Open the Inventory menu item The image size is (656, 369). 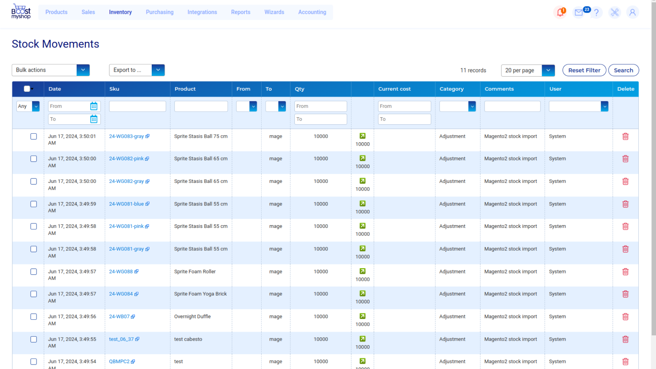pyautogui.click(x=120, y=12)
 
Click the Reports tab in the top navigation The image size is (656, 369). pyautogui.click(x=240, y=12)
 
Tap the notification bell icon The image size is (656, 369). pyautogui.click(x=560, y=12)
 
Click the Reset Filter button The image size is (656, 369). pyautogui.click(x=584, y=70)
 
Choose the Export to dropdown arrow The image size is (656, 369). pyautogui.click(x=158, y=70)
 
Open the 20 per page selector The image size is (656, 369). pyautogui.click(x=527, y=71)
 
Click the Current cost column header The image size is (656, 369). pyautogui.click(x=394, y=89)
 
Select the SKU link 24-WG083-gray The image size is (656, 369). pyautogui.click(x=126, y=137)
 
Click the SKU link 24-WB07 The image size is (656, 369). pyautogui.click(x=119, y=317)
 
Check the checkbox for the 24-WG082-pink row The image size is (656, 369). pyautogui.click(x=34, y=159)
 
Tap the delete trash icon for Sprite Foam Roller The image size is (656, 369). pyautogui.click(x=625, y=271)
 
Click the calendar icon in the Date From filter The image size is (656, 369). pyautogui.click(x=94, y=106)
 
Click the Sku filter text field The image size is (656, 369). pyautogui.click(x=137, y=106)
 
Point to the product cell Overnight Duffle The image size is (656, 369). pyautogui.click(x=192, y=317)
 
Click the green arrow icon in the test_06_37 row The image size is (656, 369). pyautogui.click(x=362, y=339)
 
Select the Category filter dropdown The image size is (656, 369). pyautogui.click(x=457, y=106)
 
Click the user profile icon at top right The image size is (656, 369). pyautogui.click(x=632, y=12)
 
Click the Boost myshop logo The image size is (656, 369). pyautogui.click(x=21, y=11)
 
